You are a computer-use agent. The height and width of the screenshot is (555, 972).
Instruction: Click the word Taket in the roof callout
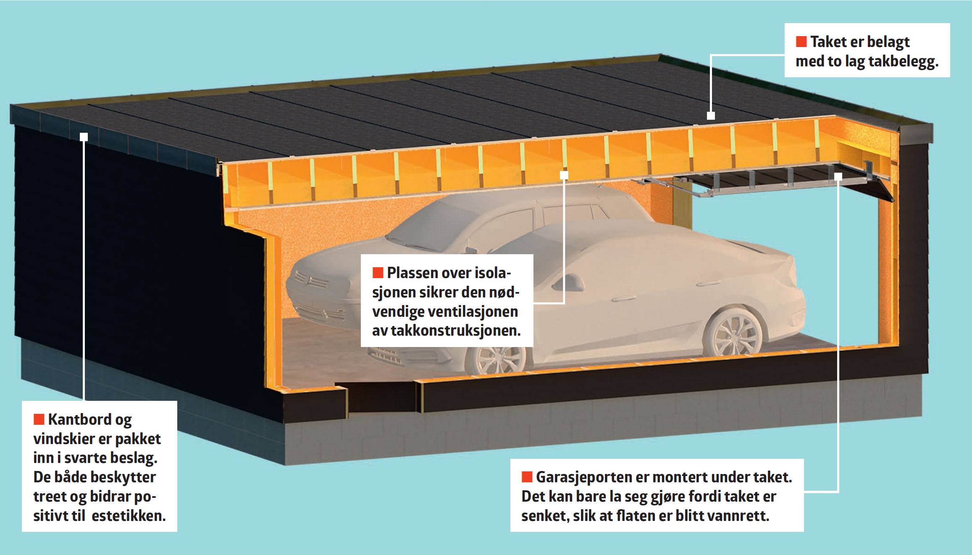[x=828, y=42]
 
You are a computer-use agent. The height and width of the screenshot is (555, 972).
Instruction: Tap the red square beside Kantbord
[x=39, y=419]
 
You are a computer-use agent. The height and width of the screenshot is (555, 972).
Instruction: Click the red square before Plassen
[x=378, y=273]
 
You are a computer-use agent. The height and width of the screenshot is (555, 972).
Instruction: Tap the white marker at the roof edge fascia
[x=84, y=137]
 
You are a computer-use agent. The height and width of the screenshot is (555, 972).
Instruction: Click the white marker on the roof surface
[x=711, y=116]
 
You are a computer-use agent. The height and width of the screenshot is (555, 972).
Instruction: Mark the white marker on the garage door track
[x=838, y=176]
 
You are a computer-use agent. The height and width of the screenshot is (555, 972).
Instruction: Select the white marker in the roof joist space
[x=564, y=175]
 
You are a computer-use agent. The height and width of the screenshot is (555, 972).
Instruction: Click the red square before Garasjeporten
[x=527, y=477]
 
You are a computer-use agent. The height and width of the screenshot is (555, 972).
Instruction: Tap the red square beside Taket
[x=801, y=42]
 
